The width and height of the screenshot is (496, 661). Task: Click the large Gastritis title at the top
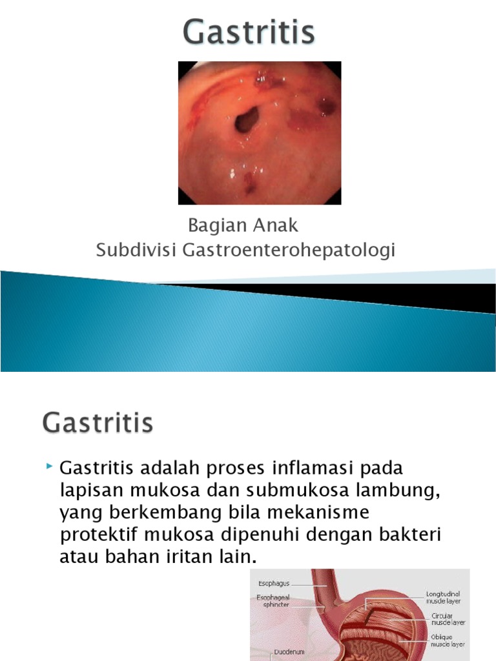click(249, 33)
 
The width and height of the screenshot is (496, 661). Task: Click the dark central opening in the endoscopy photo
click(247, 120)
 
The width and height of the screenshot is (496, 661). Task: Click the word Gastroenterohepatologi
click(289, 250)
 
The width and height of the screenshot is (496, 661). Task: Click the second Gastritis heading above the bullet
click(98, 424)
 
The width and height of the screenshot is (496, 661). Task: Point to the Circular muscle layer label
click(448, 620)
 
